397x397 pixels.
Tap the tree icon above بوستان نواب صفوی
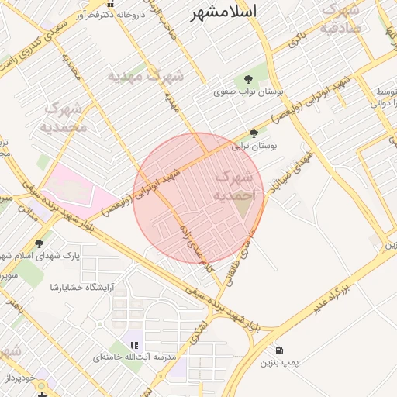tap(247, 79)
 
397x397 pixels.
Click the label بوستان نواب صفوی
tap(249, 91)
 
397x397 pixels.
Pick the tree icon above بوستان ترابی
tap(254, 133)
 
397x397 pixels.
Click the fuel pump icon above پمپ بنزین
tap(278, 350)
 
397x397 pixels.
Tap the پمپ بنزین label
tap(278, 362)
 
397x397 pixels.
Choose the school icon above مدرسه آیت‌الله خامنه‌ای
tap(134, 345)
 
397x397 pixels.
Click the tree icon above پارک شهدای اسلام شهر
tap(40, 243)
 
